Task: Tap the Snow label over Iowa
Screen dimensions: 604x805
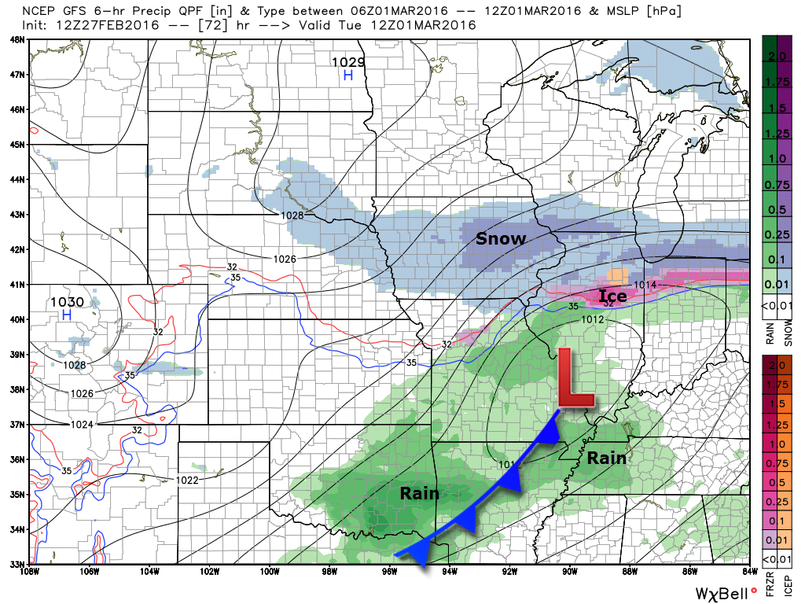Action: coord(500,239)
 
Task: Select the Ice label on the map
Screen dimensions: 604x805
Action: coord(612,296)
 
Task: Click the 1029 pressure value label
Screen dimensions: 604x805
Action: coord(347,61)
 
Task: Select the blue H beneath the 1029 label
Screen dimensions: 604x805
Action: coord(347,75)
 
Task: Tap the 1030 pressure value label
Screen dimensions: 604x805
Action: coord(66,301)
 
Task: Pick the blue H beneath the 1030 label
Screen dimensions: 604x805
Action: coord(66,315)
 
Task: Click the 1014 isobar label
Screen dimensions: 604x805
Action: coord(644,284)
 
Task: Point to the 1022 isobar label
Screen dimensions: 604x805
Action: coord(186,480)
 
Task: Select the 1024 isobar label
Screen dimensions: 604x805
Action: coord(81,425)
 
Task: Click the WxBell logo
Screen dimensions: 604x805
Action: coord(722,591)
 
